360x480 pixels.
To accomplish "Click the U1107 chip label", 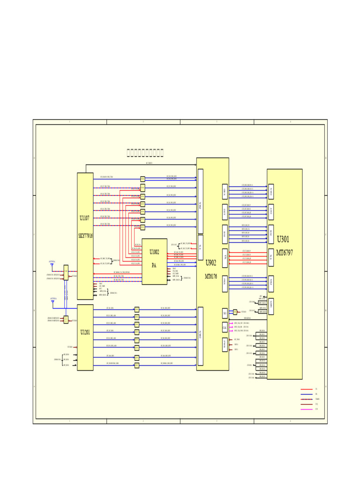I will point(84,218).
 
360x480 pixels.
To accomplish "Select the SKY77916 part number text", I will point(85,236).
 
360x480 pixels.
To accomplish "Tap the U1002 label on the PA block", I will point(154,252).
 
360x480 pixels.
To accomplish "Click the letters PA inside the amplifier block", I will point(154,265).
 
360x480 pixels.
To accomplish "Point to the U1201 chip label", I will point(85,332).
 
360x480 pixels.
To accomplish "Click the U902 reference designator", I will point(211,263).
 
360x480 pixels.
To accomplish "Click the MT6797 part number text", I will point(285,252).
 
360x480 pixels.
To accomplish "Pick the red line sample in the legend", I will point(307,389).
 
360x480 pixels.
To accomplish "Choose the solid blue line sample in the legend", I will point(307,394).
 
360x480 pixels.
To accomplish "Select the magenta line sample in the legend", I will point(307,409).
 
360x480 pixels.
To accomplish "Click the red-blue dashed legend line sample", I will point(307,399).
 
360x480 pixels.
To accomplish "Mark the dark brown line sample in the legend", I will point(307,404).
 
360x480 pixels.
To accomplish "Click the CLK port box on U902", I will point(225,327).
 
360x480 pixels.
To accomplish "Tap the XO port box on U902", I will point(225,313).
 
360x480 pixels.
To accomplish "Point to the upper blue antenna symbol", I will point(52,265).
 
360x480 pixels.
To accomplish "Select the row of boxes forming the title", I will point(145,153).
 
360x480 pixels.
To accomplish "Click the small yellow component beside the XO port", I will point(235,312).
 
